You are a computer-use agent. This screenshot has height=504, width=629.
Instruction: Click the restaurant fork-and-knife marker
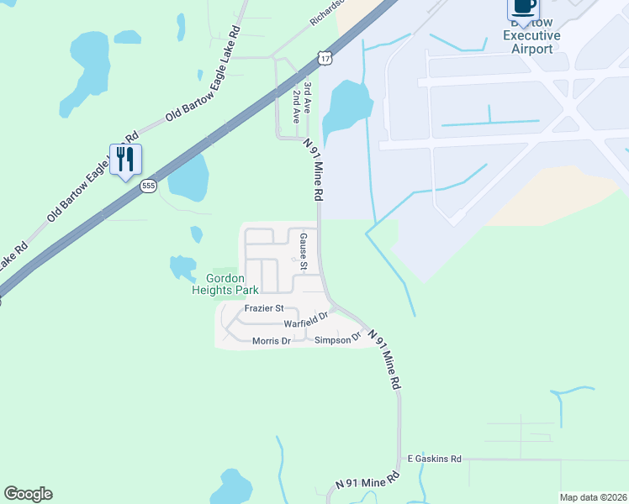pyautogui.click(x=125, y=160)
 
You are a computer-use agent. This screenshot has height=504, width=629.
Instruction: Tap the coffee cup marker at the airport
pyautogui.click(x=522, y=8)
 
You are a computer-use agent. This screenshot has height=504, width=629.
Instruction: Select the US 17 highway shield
pyautogui.click(x=325, y=57)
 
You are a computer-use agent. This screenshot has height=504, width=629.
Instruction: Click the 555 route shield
pyautogui.click(x=148, y=186)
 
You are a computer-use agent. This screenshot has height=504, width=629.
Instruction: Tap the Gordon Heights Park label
pyautogui.click(x=225, y=284)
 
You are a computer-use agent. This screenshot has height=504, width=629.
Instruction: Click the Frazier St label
pyautogui.click(x=264, y=308)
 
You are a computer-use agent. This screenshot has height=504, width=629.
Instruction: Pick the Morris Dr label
pyautogui.click(x=271, y=340)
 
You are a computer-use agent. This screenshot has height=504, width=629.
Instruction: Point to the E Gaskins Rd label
pyautogui.click(x=435, y=459)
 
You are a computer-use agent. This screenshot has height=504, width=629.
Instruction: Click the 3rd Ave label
pyautogui.click(x=309, y=93)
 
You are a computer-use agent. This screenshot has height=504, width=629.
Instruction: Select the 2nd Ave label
pyautogui.click(x=297, y=109)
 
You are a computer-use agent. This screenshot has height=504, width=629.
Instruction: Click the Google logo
pyautogui.click(x=28, y=494)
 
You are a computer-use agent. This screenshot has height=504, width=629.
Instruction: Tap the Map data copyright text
pyautogui.click(x=592, y=497)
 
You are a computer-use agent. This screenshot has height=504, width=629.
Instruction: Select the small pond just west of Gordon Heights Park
pyautogui.click(x=182, y=268)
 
